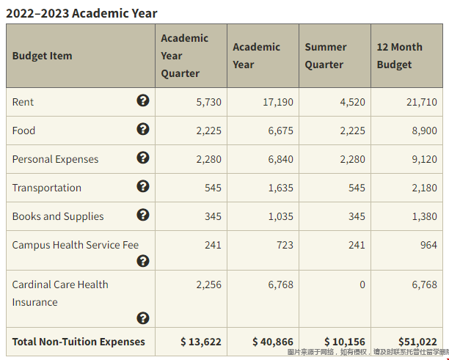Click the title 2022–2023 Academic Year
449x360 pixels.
pyautogui.click(x=81, y=13)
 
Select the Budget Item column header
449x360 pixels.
pyautogui.click(x=42, y=56)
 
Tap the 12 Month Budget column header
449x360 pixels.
pyautogui.click(x=399, y=56)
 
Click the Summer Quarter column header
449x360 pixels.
pyautogui.click(x=325, y=56)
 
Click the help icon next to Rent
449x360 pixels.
pyautogui.click(x=143, y=100)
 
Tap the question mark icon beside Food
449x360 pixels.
pyautogui.click(x=143, y=129)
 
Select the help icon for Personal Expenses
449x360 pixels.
pyautogui.click(x=143, y=158)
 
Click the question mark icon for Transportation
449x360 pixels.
pyautogui.click(x=143, y=186)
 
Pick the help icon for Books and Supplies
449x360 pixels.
pyautogui.click(x=143, y=215)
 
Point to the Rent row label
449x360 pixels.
pyautogui.click(x=23, y=102)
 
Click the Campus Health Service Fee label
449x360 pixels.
pyautogui.click(x=75, y=245)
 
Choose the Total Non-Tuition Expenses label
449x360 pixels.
pyautogui.click(x=79, y=342)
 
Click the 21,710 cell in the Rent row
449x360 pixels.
pyautogui.click(x=421, y=102)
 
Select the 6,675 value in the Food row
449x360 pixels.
pyautogui.click(x=278, y=131)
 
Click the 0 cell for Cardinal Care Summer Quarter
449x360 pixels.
pyautogui.click(x=362, y=284)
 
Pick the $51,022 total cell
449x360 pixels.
pyautogui.click(x=417, y=342)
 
